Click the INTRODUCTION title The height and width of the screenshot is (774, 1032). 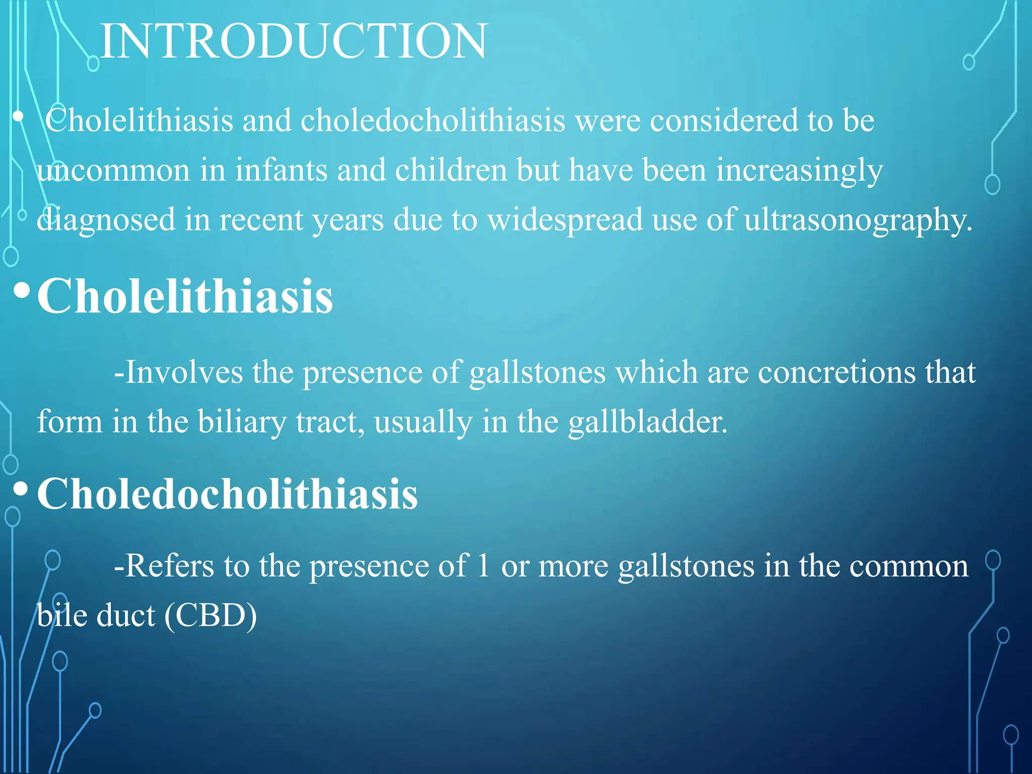click(294, 41)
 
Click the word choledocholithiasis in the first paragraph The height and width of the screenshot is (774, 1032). click(433, 121)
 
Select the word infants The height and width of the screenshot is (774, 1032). click(281, 170)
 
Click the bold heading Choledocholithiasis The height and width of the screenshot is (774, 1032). click(227, 494)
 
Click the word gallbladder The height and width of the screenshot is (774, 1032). click(648, 422)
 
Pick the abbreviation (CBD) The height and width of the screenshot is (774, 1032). click(211, 616)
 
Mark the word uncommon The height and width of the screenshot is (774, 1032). click(113, 170)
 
